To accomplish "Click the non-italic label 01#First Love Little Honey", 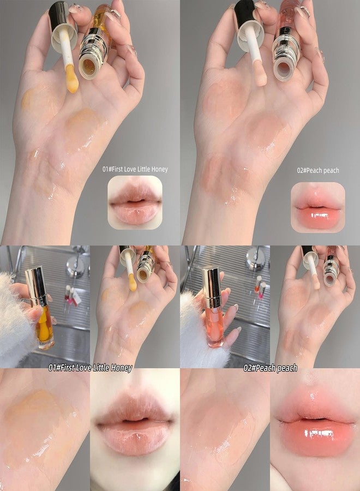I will pos(135,169).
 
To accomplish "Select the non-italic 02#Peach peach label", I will pos(317,170).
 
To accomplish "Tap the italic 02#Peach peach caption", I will pos(271,368).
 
